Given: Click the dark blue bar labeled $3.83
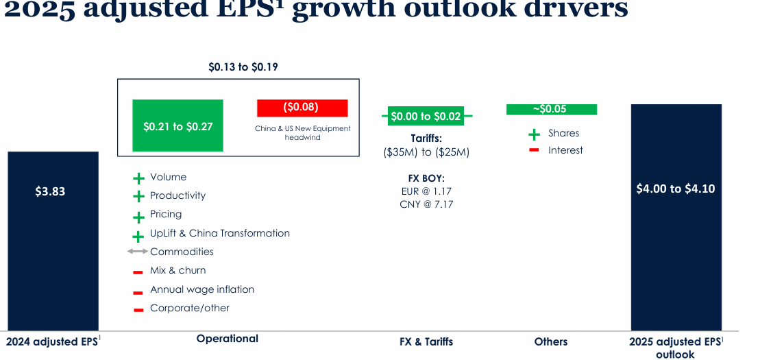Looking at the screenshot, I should coord(53,240).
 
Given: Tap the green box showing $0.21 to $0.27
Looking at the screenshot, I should coord(177,125).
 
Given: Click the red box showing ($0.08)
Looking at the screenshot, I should coord(302,108).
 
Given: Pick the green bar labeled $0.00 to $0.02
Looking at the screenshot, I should coord(426,117).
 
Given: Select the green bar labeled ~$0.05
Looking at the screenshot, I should coord(552,109).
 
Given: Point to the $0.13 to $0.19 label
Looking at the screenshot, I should coord(243,67).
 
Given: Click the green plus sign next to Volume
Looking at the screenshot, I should coord(138,178).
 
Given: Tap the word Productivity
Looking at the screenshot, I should coord(177,195).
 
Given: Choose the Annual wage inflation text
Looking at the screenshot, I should coord(202,289).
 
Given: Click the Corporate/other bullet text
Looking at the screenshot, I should coord(190,308).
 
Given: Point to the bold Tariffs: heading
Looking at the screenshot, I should coord(426,138).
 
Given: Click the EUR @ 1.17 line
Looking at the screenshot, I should coord(426,191).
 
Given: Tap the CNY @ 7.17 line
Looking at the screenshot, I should coord(426,204).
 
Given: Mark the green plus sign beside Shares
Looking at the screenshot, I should coord(534,134).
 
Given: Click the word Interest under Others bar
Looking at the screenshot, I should coord(565,150).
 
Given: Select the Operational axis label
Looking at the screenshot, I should coord(228,339).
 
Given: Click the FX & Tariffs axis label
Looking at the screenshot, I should coord(426,341).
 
